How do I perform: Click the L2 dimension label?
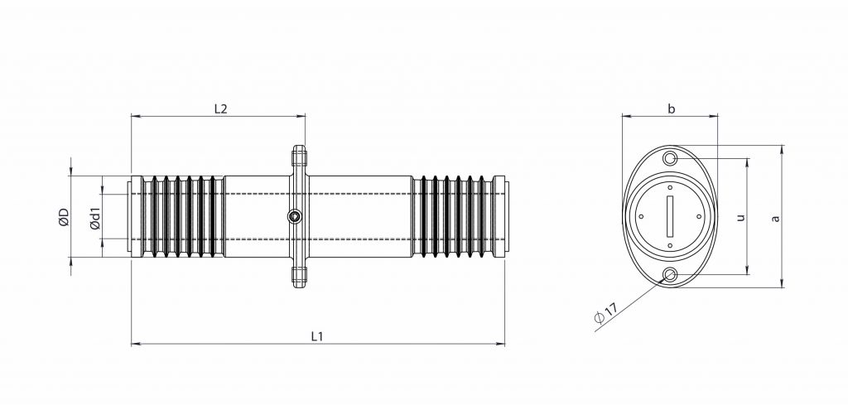click(x=220, y=108)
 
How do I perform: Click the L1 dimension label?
click(x=316, y=335)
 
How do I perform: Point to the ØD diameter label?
click(x=63, y=218)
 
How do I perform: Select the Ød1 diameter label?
click(x=94, y=218)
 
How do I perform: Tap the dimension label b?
click(x=671, y=108)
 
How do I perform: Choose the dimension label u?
click(x=740, y=217)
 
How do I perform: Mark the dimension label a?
click(x=775, y=218)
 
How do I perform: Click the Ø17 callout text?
click(x=606, y=314)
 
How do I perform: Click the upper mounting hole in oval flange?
click(x=671, y=158)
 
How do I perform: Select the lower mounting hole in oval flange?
click(x=671, y=275)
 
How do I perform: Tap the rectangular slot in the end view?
click(x=671, y=217)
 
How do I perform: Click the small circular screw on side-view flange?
click(x=295, y=217)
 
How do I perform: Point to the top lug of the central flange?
click(x=299, y=155)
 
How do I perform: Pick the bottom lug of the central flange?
click(x=299, y=279)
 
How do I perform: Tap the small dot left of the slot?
click(x=642, y=217)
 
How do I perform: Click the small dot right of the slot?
click(x=700, y=217)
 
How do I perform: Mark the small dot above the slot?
click(x=671, y=188)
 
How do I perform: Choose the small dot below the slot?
click(x=671, y=246)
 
